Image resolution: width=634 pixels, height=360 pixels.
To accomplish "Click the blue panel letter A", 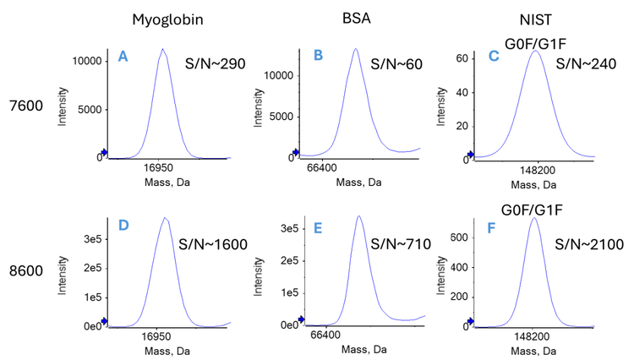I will click(x=123, y=57).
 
